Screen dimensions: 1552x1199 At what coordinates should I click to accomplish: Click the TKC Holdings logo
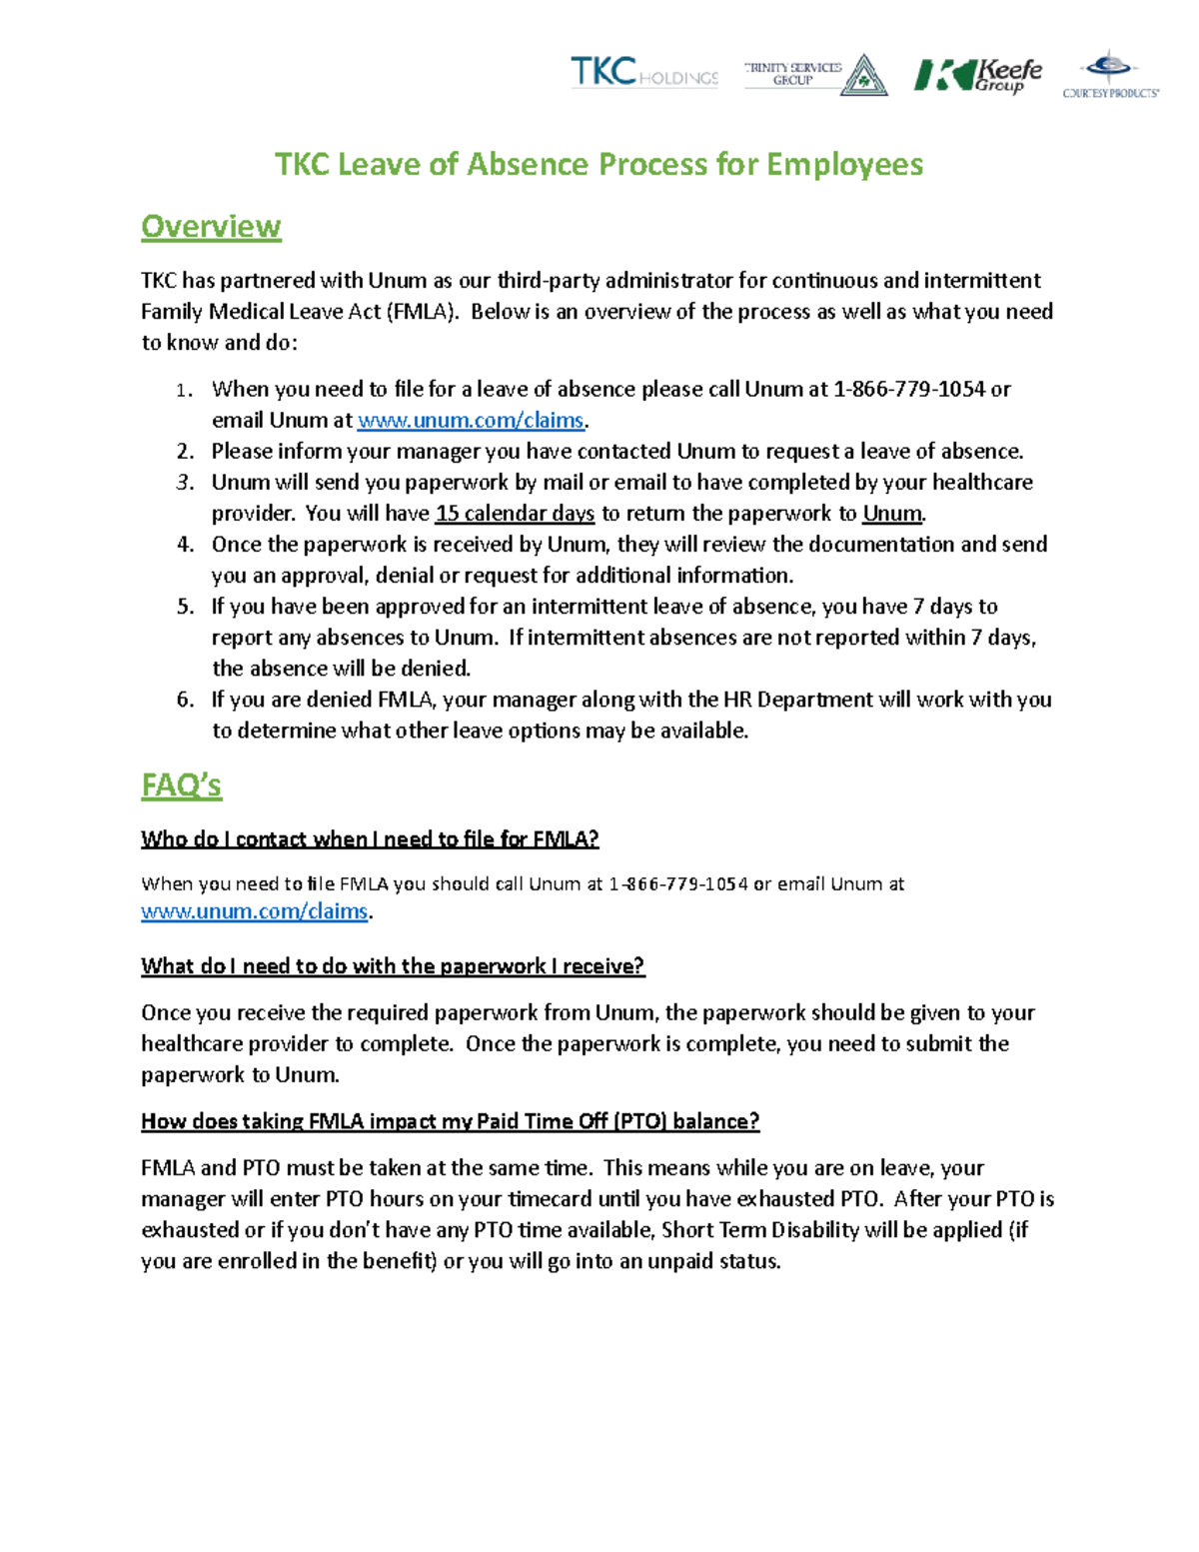tap(643, 73)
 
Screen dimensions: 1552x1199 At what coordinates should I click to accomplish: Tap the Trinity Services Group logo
tap(814, 74)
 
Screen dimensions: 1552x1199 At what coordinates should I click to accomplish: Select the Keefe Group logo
tap(977, 74)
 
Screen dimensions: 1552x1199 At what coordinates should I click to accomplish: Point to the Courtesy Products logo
tap(1110, 75)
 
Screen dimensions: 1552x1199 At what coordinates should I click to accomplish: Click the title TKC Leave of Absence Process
tap(599, 164)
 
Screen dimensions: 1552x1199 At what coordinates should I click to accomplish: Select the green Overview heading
tap(211, 227)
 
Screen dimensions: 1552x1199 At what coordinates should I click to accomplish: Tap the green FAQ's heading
tap(181, 785)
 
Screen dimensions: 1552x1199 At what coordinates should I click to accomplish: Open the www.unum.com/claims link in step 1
tap(471, 421)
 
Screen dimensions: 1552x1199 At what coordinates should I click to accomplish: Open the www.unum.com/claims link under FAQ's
tap(255, 911)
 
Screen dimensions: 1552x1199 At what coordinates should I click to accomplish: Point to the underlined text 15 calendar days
tap(515, 514)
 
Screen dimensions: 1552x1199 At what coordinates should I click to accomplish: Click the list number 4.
tap(185, 545)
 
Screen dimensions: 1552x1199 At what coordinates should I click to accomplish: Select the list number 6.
tap(185, 700)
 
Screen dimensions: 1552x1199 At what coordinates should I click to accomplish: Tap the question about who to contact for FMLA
tap(370, 839)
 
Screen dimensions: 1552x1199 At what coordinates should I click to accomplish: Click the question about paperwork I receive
tap(393, 966)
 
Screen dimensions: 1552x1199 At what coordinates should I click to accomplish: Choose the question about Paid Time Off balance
tap(450, 1121)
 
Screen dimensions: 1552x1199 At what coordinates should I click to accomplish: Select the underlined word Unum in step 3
tap(892, 514)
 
